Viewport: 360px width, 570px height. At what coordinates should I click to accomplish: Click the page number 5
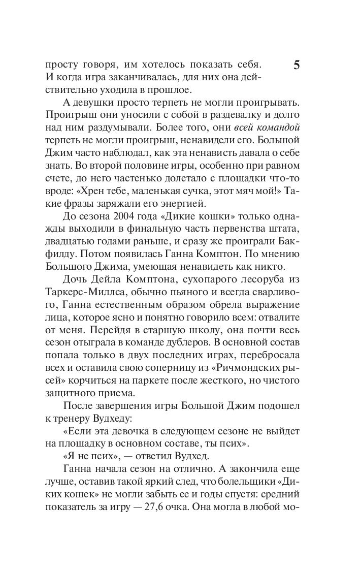(x=297, y=67)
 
